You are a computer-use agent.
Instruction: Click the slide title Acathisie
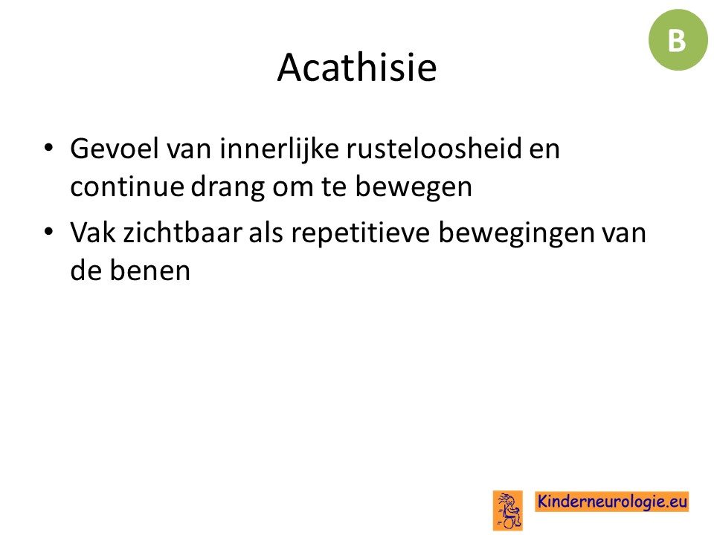tap(357, 68)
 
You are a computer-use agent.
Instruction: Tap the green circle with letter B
tap(678, 40)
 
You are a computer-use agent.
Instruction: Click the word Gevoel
tap(115, 149)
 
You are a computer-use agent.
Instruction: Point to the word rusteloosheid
tap(434, 149)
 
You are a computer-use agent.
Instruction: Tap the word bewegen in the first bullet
tap(414, 187)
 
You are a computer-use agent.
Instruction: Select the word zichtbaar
tap(183, 233)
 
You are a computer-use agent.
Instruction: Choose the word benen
tap(149, 270)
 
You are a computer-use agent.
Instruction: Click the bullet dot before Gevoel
tap(48, 148)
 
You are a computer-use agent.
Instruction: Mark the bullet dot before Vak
tap(48, 232)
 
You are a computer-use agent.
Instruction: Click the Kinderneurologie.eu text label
tap(611, 502)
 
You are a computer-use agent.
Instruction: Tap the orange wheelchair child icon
tap(508, 510)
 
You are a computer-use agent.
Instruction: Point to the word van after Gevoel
tap(188, 151)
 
